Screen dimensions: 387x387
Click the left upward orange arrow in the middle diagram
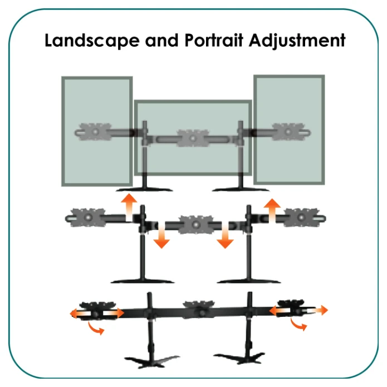tap(129, 205)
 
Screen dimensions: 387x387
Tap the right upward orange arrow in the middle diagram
tap(272, 209)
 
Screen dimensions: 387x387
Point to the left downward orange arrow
tap(161, 236)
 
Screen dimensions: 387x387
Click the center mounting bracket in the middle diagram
tap(193, 224)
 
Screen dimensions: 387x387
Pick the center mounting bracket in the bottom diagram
tap(198, 308)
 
